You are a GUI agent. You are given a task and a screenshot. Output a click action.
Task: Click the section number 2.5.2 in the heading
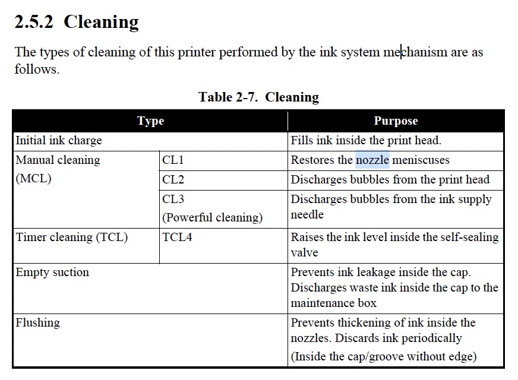click(34, 22)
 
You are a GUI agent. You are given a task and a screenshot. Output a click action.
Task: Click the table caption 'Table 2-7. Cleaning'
click(258, 97)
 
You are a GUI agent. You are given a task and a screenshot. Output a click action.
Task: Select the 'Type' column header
click(150, 121)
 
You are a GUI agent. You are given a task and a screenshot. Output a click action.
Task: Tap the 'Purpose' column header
click(396, 121)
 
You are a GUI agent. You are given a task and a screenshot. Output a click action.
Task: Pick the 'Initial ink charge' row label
click(59, 141)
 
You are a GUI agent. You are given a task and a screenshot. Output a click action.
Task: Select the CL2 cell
click(173, 180)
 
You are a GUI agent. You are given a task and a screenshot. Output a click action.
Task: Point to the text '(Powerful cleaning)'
click(212, 217)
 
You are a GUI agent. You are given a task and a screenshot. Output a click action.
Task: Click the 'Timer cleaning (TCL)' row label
click(71, 237)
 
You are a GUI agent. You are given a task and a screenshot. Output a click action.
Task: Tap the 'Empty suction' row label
click(52, 273)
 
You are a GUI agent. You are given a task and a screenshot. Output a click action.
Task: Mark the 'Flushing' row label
click(37, 323)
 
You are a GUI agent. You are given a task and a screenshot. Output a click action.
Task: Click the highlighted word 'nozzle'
click(372, 160)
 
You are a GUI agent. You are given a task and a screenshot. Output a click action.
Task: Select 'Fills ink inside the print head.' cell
click(366, 141)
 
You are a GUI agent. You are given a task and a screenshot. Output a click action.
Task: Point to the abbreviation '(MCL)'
click(33, 179)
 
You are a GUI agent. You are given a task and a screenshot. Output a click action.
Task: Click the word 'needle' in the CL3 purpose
click(307, 215)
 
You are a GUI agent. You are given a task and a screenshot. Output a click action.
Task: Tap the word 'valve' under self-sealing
click(304, 253)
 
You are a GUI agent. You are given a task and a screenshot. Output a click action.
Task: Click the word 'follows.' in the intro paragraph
click(37, 69)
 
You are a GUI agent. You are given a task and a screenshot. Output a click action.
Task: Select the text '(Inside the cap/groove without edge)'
click(384, 357)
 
